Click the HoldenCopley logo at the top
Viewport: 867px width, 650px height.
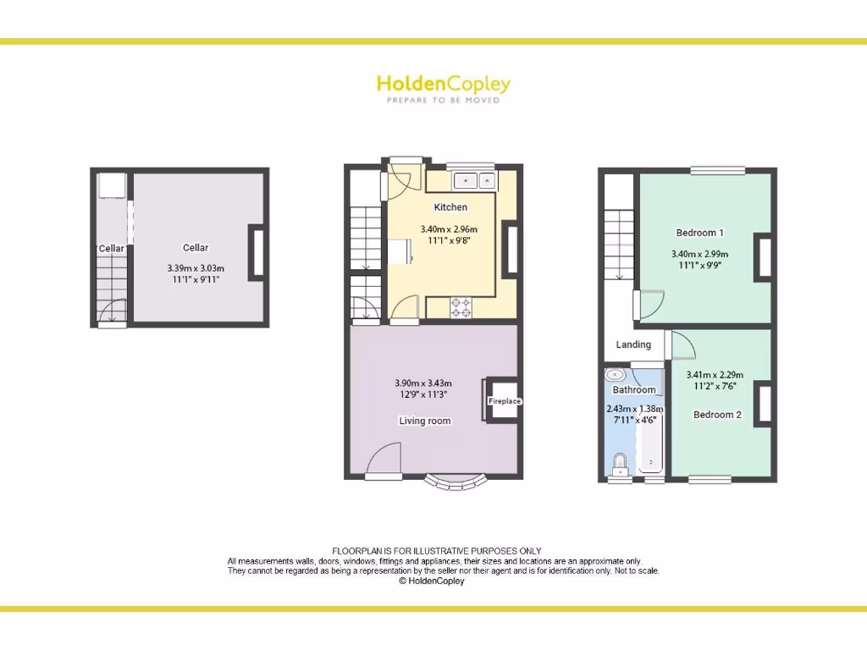click(x=443, y=85)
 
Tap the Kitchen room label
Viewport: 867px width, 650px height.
click(x=450, y=207)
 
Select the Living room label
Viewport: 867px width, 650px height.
click(x=425, y=421)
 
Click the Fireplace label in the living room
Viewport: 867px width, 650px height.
click(x=505, y=401)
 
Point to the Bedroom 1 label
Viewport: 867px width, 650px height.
click(x=699, y=233)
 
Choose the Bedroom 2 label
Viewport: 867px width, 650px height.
click(x=717, y=415)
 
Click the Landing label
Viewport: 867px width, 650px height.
click(x=633, y=344)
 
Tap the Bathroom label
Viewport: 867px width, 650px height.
click(x=634, y=390)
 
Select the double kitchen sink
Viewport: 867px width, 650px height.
click(x=475, y=180)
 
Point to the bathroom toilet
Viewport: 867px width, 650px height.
click(x=620, y=465)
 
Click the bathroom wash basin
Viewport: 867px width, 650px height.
click(x=616, y=374)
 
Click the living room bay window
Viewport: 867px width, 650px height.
click(x=457, y=482)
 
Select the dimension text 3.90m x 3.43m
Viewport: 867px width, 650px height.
click(x=423, y=383)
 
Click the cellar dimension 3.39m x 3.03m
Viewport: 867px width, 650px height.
click(x=196, y=268)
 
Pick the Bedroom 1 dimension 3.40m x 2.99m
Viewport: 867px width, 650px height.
click(x=699, y=254)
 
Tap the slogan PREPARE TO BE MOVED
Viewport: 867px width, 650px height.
click(x=443, y=101)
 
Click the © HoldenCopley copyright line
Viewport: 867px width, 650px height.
click(x=431, y=581)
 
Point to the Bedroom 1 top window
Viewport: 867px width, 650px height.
click(x=717, y=170)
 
